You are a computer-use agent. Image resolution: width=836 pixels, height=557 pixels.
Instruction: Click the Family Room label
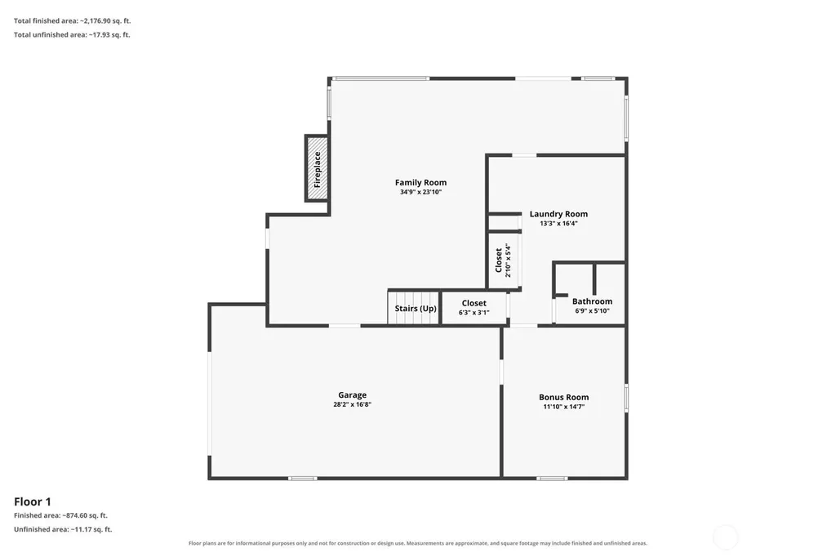[420, 182]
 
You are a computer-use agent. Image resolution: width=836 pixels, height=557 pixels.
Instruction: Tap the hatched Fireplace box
[317, 168]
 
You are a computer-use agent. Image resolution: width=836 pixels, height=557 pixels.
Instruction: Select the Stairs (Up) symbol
[414, 307]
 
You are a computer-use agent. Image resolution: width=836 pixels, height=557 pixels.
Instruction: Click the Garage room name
[353, 394]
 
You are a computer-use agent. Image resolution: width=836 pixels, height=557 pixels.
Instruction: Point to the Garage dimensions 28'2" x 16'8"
[353, 404]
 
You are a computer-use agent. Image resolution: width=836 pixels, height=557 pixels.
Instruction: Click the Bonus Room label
[563, 397]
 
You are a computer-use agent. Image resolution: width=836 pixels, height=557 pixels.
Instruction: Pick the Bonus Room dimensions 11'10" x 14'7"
[563, 407]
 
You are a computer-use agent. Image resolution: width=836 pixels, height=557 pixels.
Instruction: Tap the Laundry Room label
[558, 214]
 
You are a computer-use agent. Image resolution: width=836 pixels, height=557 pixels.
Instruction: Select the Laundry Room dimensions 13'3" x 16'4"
[558, 224]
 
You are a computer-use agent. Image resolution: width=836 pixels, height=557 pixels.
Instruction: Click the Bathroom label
[593, 301]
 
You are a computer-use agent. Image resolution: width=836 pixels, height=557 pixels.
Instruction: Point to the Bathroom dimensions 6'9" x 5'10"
[593, 311]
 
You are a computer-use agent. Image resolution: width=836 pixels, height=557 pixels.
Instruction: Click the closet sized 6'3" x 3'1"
[474, 308]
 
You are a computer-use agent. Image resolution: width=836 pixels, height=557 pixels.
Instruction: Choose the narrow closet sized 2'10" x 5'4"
[504, 261]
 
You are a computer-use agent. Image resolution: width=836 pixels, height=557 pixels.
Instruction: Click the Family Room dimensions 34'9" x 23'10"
[420, 192]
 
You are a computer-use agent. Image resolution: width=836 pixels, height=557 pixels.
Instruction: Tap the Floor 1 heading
[33, 501]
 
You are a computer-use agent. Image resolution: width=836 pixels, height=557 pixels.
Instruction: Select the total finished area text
[72, 20]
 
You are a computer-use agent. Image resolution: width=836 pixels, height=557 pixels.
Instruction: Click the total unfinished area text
[72, 34]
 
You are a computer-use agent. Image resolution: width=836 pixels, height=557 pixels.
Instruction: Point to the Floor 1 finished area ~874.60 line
[60, 515]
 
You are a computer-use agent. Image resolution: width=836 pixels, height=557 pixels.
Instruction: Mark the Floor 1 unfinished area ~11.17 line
[63, 529]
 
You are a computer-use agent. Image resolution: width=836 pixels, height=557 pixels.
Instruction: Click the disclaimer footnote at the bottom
[418, 543]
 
